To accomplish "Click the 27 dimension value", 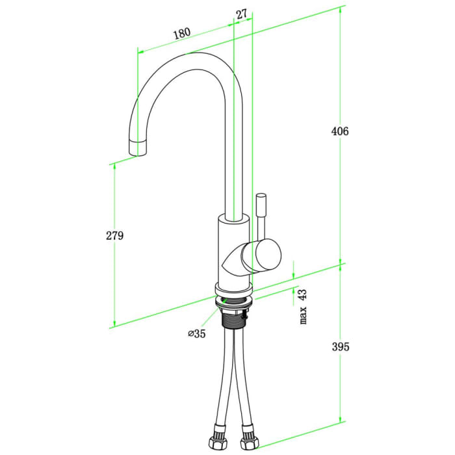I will (x=241, y=14).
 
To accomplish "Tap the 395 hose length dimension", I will (x=339, y=346).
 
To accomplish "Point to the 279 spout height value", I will (x=114, y=235).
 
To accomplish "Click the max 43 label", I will (x=303, y=307).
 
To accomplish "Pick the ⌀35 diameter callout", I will (x=196, y=334).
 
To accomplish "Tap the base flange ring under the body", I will (x=233, y=292).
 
